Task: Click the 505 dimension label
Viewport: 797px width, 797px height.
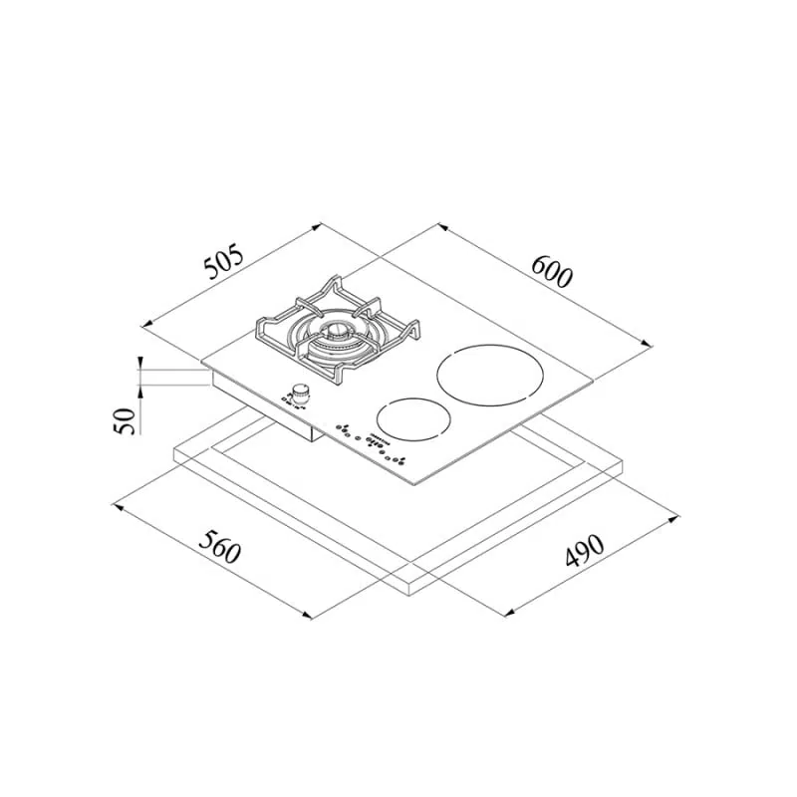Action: pyautogui.click(x=224, y=262)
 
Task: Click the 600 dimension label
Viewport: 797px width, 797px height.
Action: pyautogui.click(x=552, y=271)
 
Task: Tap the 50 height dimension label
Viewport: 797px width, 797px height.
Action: pyautogui.click(x=126, y=420)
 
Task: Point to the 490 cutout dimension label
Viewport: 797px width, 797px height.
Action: pyautogui.click(x=585, y=550)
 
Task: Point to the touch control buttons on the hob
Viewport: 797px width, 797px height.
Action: pyautogui.click(x=370, y=443)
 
